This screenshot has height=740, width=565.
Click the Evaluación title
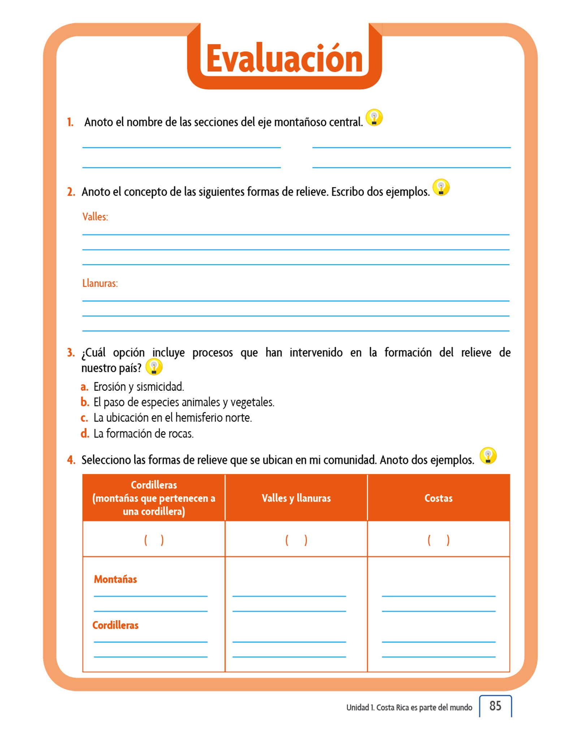[x=284, y=59]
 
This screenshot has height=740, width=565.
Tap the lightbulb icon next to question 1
[x=374, y=118]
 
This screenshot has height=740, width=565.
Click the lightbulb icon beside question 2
[x=441, y=188]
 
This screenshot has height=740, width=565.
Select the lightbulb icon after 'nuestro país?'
[x=154, y=367]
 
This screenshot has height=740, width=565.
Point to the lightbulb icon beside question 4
[x=488, y=456]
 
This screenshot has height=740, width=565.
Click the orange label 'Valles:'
[x=95, y=217]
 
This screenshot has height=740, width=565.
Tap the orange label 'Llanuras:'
[x=100, y=283]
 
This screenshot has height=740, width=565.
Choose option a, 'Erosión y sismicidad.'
[x=138, y=387]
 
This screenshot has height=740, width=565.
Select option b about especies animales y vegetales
[x=184, y=403]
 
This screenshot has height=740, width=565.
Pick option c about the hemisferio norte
[x=172, y=418]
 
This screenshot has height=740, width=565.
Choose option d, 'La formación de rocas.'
[x=143, y=434]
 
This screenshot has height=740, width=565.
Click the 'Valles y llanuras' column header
[x=296, y=498]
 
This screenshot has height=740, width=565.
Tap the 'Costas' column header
[x=438, y=498]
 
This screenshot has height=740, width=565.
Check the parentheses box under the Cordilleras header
[x=154, y=540]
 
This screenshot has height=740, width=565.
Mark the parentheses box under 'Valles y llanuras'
[x=296, y=540]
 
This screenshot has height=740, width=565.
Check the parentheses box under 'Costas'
[x=438, y=540]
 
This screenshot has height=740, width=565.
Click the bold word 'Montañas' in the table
[x=115, y=579]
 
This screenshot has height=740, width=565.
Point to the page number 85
[x=495, y=706]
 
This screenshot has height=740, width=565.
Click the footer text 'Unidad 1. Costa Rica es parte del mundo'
[x=409, y=707]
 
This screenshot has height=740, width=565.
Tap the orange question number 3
[x=71, y=352]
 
